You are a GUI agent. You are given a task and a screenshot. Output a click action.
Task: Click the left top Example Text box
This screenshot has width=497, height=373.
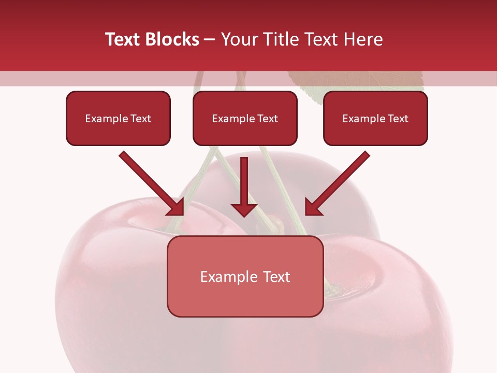click(x=118, y=119)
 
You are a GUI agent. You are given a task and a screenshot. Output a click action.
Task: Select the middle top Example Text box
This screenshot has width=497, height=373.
click(x=245, y=119)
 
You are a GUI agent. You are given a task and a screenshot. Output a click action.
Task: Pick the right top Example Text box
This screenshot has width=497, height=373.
click(x=375, y=119)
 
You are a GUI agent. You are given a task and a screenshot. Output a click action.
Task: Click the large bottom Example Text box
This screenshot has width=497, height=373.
click(x=245, y=277)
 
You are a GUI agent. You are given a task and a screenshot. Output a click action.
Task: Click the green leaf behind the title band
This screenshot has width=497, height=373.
click(x=357, y=83)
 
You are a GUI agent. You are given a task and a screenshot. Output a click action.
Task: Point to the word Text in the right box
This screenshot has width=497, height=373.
click(x=398, y=119)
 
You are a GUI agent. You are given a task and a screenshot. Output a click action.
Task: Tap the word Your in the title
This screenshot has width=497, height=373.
click(x=238, y=39)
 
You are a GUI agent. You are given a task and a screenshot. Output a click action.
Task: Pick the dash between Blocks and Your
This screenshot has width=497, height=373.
click(x=210, y=39)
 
